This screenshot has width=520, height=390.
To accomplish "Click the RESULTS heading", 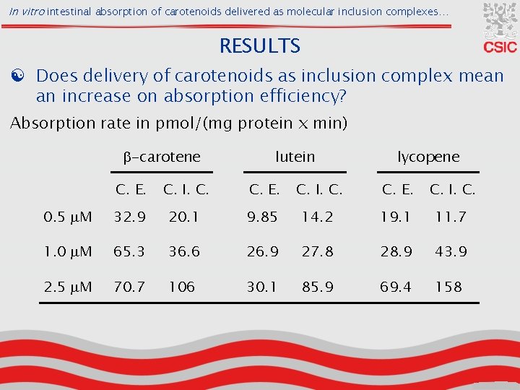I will click(260, 46).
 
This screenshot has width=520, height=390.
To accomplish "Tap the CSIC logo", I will click(500, 28).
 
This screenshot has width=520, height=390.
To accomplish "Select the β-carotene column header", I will click(161, 157).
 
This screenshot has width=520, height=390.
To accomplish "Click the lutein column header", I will click(295, 157).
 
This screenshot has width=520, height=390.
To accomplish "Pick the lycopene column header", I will click(428, 157).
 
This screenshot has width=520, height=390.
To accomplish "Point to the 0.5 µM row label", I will click(68, 217).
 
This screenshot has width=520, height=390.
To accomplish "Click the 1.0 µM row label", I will click(68, 251).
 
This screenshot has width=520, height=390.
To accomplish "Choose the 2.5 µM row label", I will click(68, 287).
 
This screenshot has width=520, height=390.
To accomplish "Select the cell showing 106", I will click(181, 287).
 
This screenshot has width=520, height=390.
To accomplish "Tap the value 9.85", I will click(263, 217).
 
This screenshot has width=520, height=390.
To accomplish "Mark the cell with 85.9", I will click(318, 287).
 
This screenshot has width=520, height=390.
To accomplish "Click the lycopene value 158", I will click(448, 287).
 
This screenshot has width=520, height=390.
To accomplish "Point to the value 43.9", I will click(451, 251).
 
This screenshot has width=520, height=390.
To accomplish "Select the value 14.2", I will click(318, 217).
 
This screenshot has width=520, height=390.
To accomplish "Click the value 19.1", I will click(396, 217).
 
